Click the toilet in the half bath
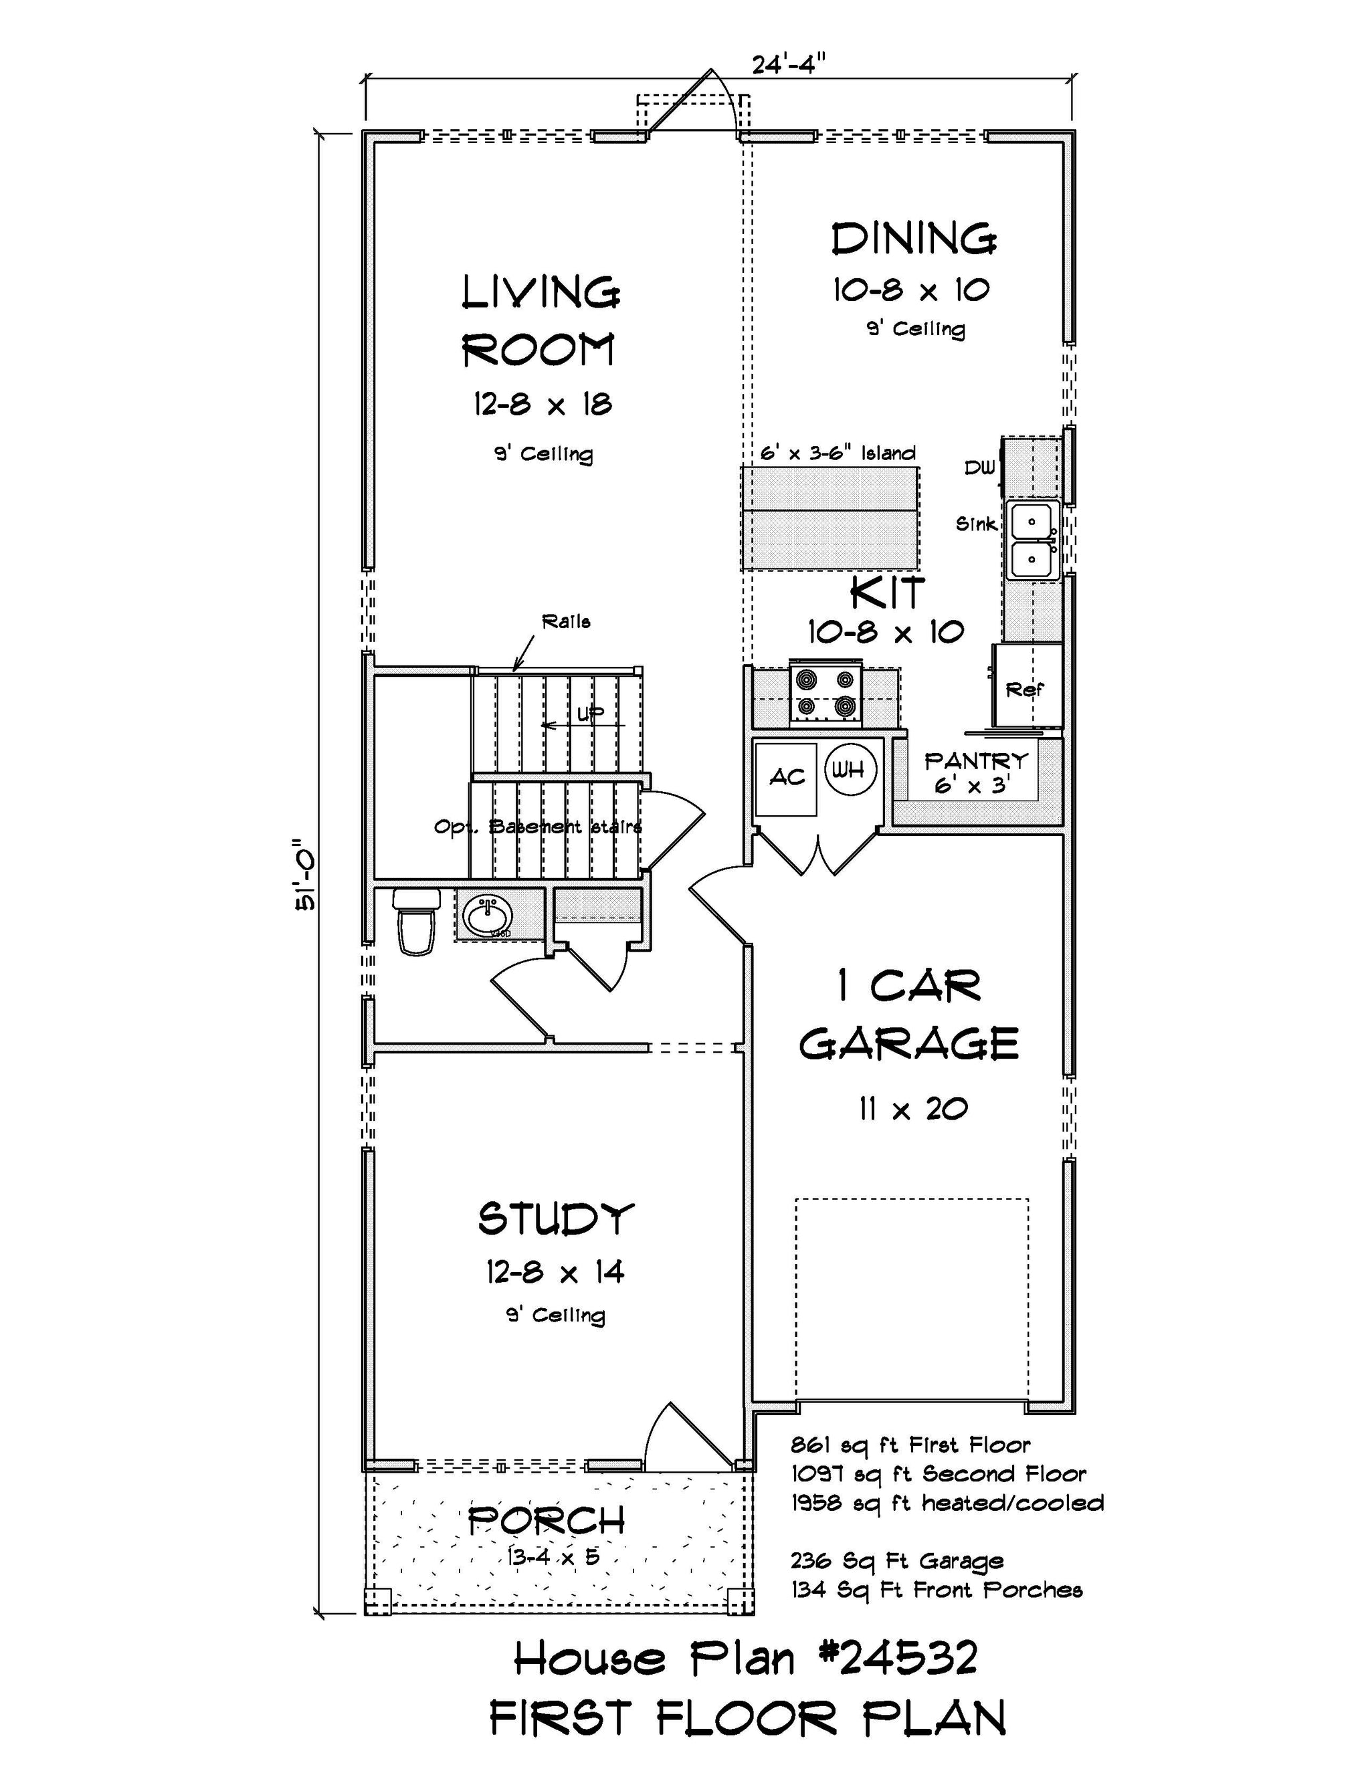pyautogui.click(x=416, y=920)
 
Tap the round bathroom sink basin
pyautogui.click(x=487, y=916)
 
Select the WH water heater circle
pyautogui.click(x=850, y=768)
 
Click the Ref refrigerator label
pyautogui.click(x=1024, y=690)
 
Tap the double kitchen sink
pyautogui.click(x=1032, y=539)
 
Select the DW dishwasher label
pyautogui.click(x=979, y=467)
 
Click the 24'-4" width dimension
pyautogui.click(x=789, y=64)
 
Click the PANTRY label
pyautogui.click(x=976, y=760)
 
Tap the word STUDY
pyautogui.click(x=555, y=1219)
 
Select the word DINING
pyautogui.click(x=914, y=239)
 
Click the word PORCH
pyautogui.click(x=547, y=1520)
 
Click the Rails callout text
pyautogui.click(x=566, y=622)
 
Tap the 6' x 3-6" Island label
pyautogui.click(x=838, y=453)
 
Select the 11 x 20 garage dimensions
pyautogui.click(x=914, y=1108)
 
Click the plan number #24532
pyautogui.click(x=896, y=1659)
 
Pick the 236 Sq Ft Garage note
pyautogui.click(x=897, y=1561)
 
